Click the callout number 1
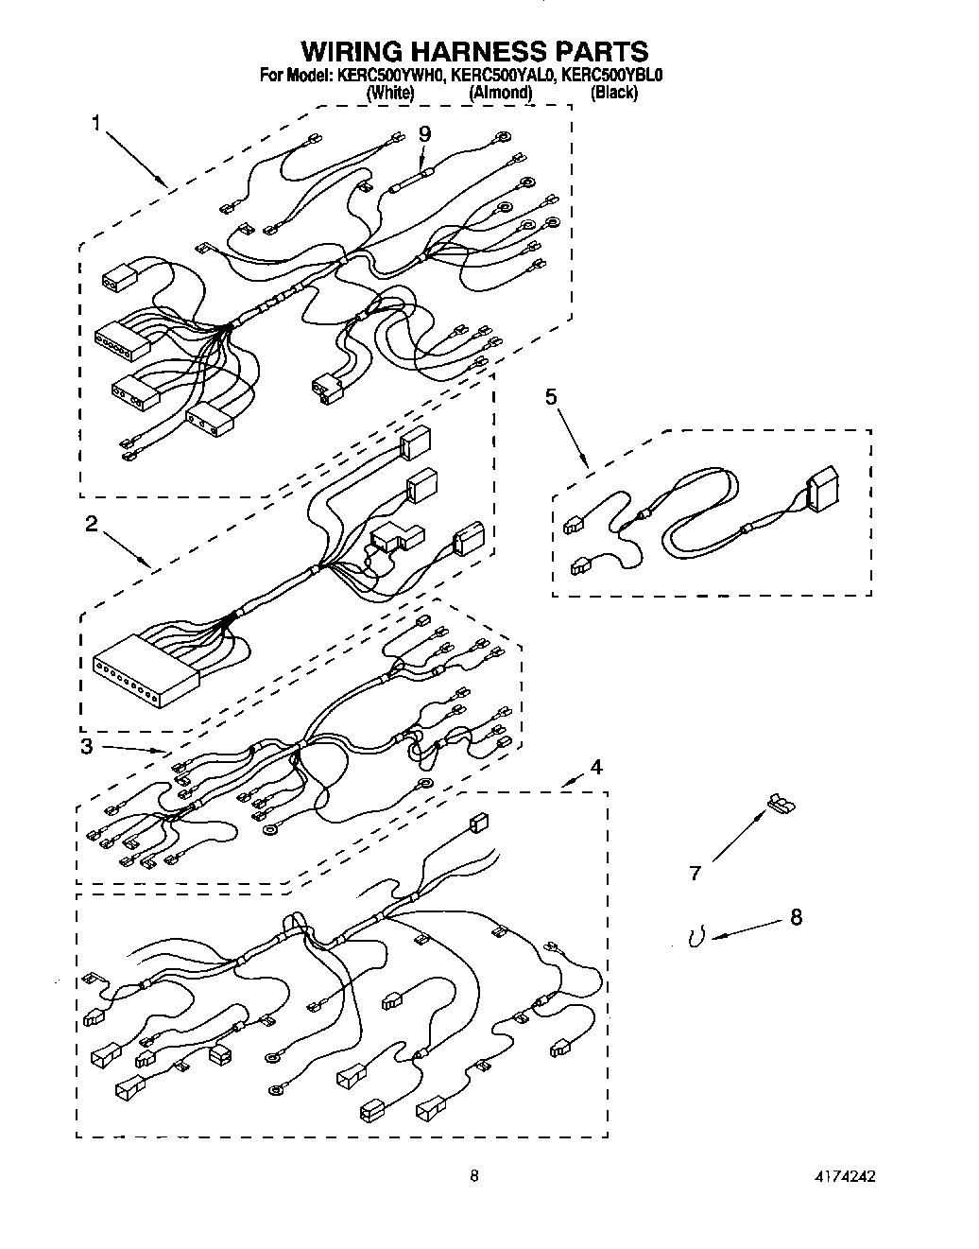point(96,122)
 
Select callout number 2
point(92,525)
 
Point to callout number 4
point(594,767)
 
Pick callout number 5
point(551,396)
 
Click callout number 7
point(696,874)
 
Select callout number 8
point(796,917)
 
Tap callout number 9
point(424,133)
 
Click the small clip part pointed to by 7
point(780,803)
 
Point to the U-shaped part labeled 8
point(696,937)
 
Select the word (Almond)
point(500,93)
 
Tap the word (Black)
point(613,93)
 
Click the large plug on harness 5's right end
point(821,490)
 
